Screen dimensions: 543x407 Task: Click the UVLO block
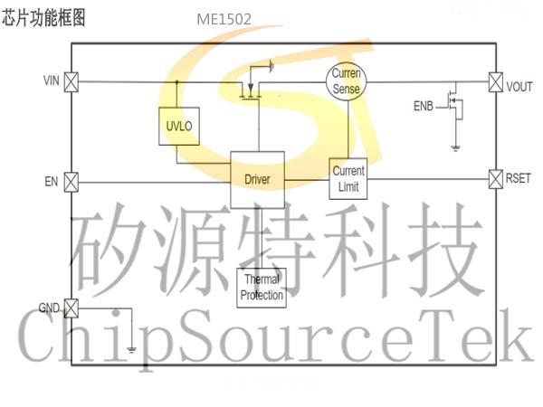[x=179, y=127]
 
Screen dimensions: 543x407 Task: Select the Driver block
[x=258, y=180]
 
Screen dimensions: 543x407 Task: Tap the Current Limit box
[x=348, y=178]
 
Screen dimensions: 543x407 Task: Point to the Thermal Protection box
[x=262, y=288]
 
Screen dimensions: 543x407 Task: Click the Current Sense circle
[x=346, y=81]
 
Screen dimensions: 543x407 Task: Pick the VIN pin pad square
[x=71, y=82]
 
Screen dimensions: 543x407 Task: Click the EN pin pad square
[x=71, y=182]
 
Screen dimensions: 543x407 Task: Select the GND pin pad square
[x=71, y=308]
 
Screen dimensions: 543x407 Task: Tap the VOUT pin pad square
[x=496, y=82]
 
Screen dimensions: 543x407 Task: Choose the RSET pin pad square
[x=496, y=179]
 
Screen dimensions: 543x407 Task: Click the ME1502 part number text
[x=224, y=19]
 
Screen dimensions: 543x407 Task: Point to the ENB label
[x=424, y=106]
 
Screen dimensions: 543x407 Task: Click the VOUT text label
[x=519, y=87]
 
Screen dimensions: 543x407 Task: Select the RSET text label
[x=518, y=178]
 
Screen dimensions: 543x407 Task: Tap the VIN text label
[x=52, y=80]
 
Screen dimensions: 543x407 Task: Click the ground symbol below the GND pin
[x=131, y=349]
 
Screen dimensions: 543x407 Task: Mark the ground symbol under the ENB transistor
[x=455, y=148]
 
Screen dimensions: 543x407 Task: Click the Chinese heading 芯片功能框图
[x=43, y=18]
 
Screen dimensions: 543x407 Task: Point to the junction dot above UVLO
[x=177, y=82]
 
